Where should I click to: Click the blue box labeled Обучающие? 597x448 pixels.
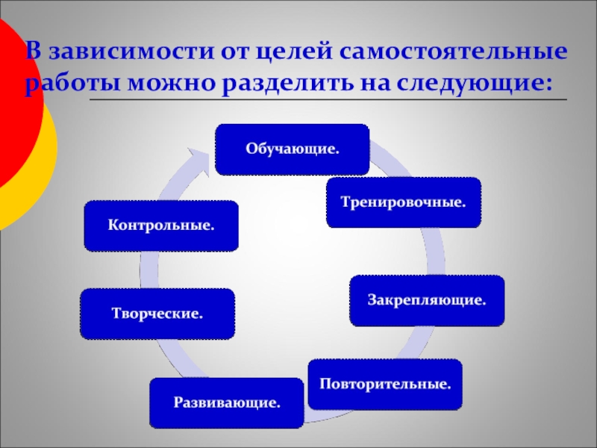(292, 149)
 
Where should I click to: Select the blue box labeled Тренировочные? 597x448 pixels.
(404, 202)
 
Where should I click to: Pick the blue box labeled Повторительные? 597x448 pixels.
(386, 385)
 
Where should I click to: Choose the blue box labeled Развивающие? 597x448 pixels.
(227, 403)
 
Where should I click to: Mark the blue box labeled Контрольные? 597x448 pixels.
(161, 225)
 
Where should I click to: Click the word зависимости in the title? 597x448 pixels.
(128, 54)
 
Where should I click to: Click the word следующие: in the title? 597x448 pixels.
(487, 84)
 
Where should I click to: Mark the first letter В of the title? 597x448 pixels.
(33, 54)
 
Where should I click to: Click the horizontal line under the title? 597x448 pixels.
(328, 100)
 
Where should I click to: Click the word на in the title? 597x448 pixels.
(395, 84)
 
